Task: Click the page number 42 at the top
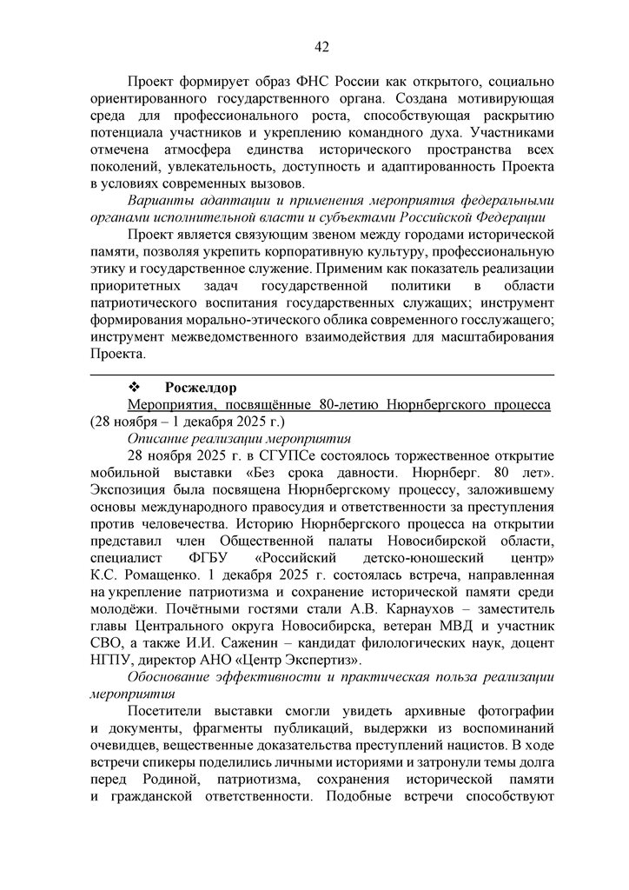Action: click(x=321, y=46)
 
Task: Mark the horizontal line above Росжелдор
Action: click(x=321, y=375)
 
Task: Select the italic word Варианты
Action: click(x=159, y=202)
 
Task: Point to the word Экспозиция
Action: click(x=128, y=492)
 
